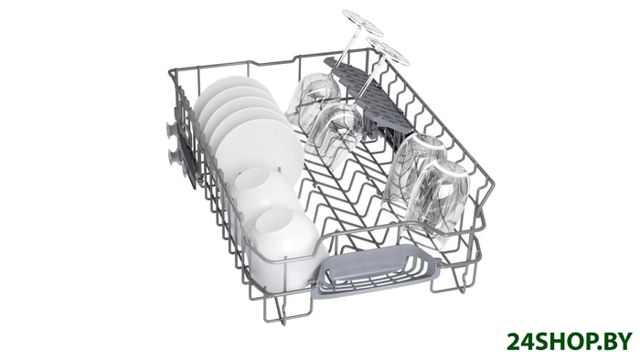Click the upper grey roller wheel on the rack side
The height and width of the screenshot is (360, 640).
[x=171, y=130]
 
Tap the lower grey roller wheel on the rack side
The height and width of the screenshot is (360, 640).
[x=173, y=157]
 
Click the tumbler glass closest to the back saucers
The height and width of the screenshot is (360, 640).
[x=314, y=96]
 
